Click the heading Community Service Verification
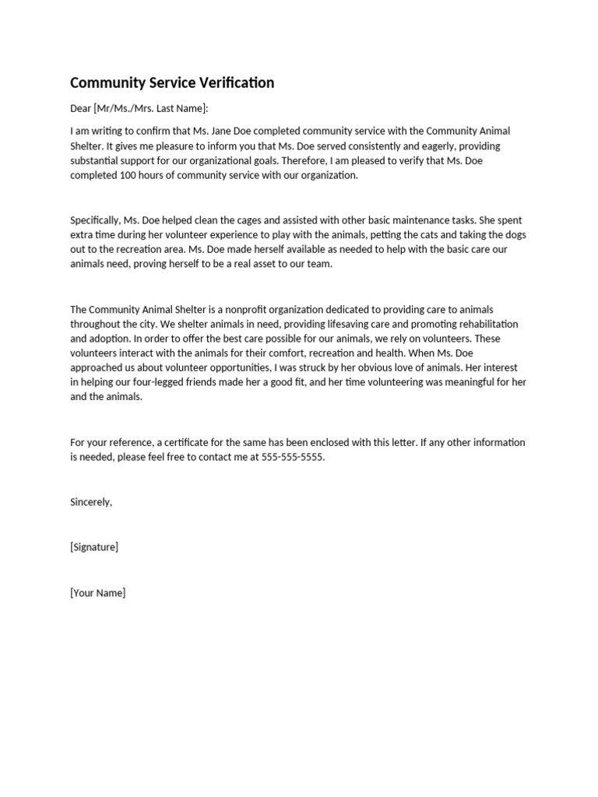(x=172, y=83)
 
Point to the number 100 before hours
(x=129, y=175)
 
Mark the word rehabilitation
(x=487, y=325)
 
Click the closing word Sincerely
(x=91, y=502)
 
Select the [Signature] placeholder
(x=94, y=547)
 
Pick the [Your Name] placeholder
(x=97, y=592)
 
